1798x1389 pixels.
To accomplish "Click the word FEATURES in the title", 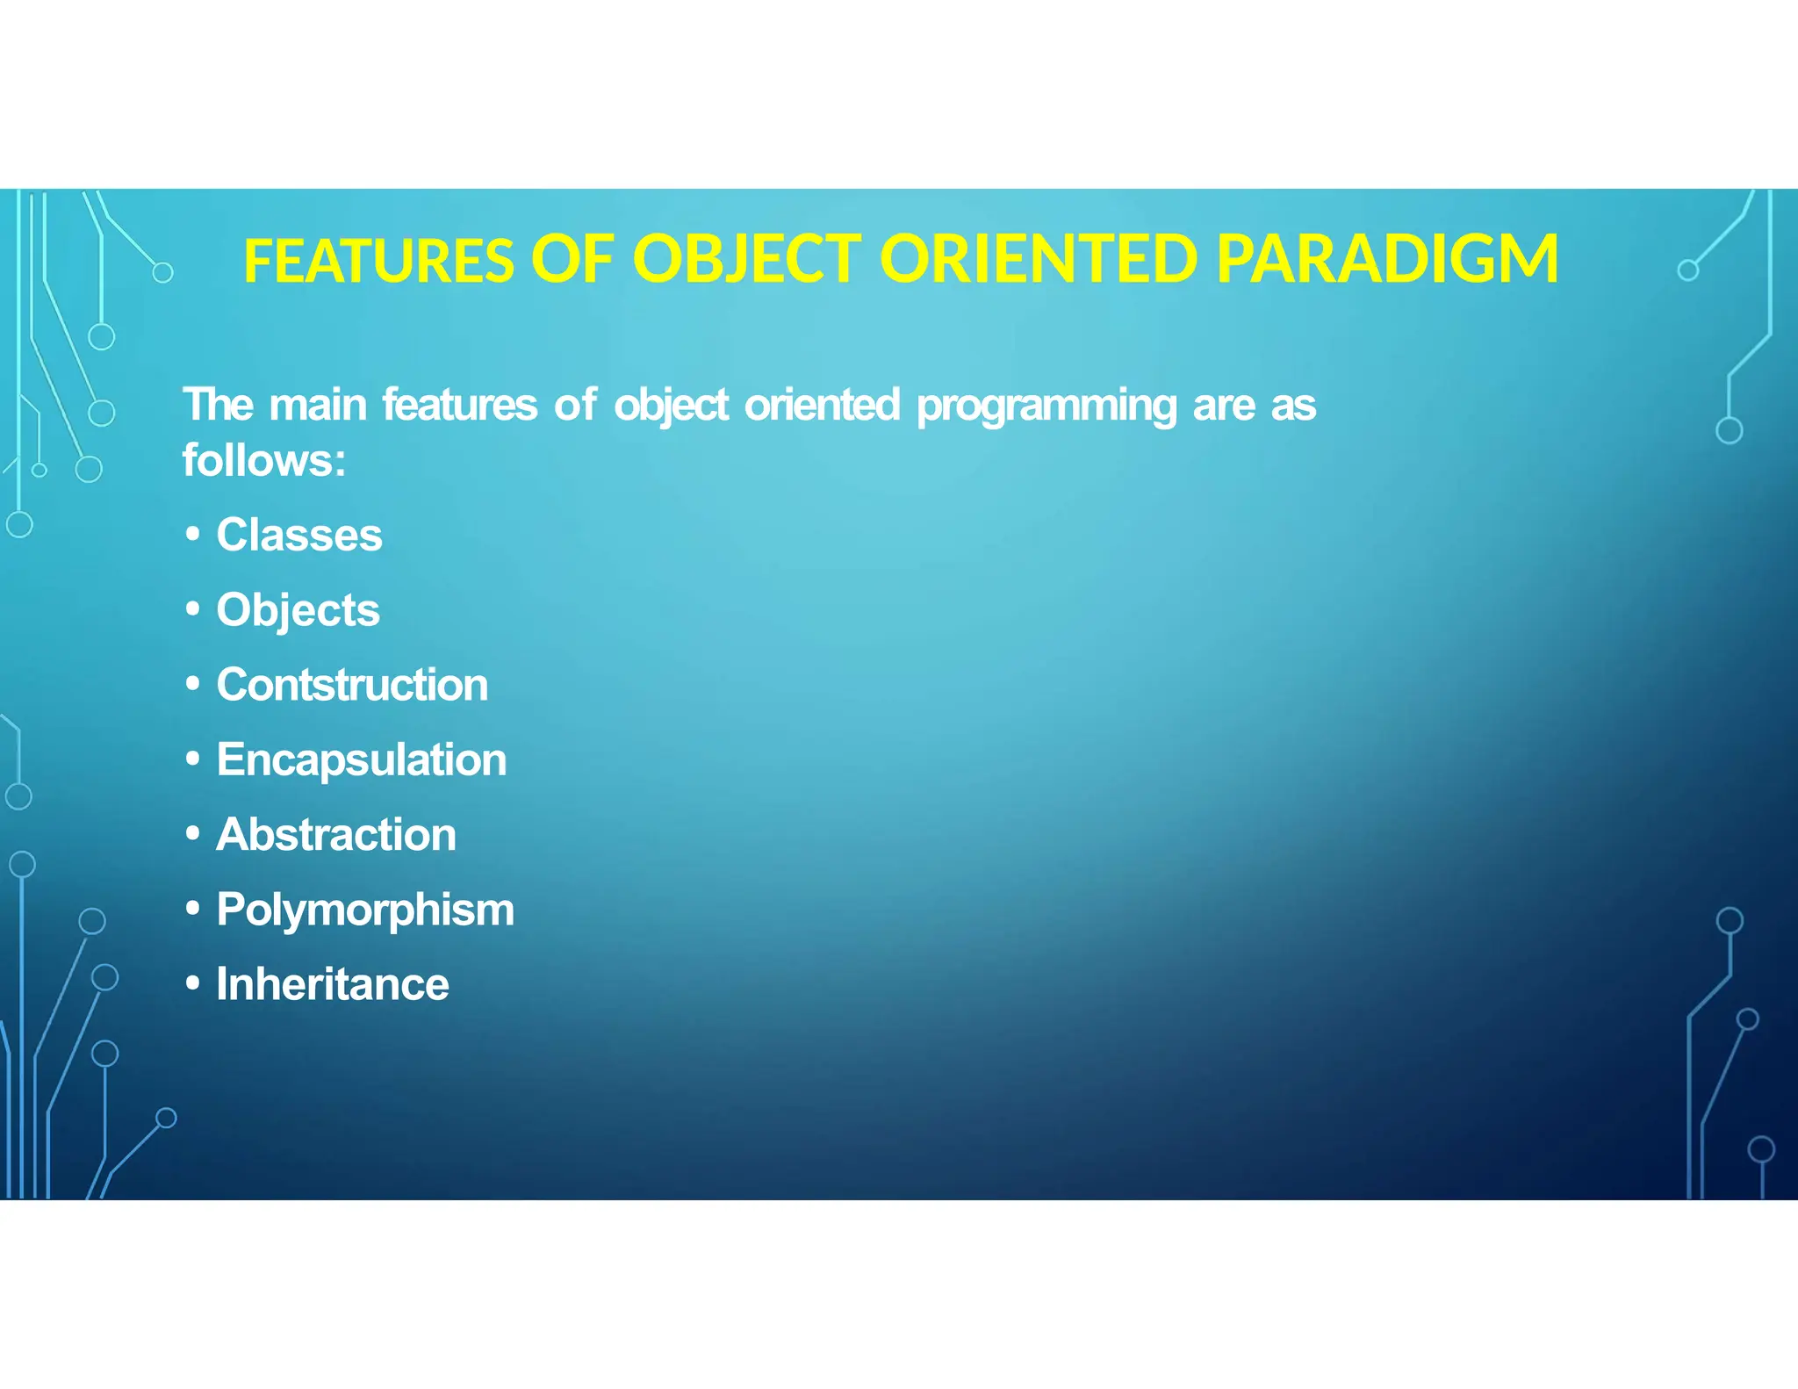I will point(378,261).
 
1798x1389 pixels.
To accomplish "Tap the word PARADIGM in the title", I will point(1386,260).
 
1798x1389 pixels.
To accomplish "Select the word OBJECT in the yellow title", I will point(747,260).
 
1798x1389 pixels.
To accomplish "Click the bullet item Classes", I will point(298,535).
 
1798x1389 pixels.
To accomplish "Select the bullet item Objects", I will point(298,610).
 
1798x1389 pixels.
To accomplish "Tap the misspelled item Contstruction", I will point(351,685).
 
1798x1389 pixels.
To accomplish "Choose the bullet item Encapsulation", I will point(361,759).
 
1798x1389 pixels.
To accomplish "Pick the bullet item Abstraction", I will point(335,834).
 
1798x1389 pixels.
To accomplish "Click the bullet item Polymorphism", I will point(364,910).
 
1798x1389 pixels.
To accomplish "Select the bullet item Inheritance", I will point(332,984).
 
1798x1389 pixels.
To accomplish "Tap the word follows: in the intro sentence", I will point(264,460).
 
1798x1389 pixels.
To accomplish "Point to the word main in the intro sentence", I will point(318,406).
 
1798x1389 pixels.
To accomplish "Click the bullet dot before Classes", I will point(193,534).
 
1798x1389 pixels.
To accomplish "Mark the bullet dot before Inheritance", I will point(193,983).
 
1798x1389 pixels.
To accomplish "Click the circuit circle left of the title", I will point(162,272).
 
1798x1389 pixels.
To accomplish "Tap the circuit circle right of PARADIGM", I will point(1687,270).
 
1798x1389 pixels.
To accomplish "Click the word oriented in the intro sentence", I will point(822,406).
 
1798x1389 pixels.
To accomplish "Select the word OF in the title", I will point(572,260).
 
